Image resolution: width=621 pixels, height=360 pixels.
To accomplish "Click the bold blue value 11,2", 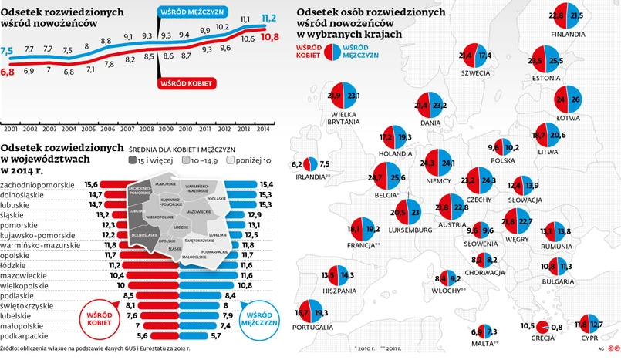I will coord(269,18).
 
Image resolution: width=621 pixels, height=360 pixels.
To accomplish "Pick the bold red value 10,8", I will coord(269,37).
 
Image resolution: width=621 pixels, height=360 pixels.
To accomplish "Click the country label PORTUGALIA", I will coord(314,328).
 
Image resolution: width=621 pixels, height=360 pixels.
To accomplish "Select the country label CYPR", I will coord(590,338).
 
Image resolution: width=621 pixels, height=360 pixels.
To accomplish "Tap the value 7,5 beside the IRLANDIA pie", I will coord(325,163).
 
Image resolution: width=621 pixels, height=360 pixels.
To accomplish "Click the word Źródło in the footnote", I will coord(14,350).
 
